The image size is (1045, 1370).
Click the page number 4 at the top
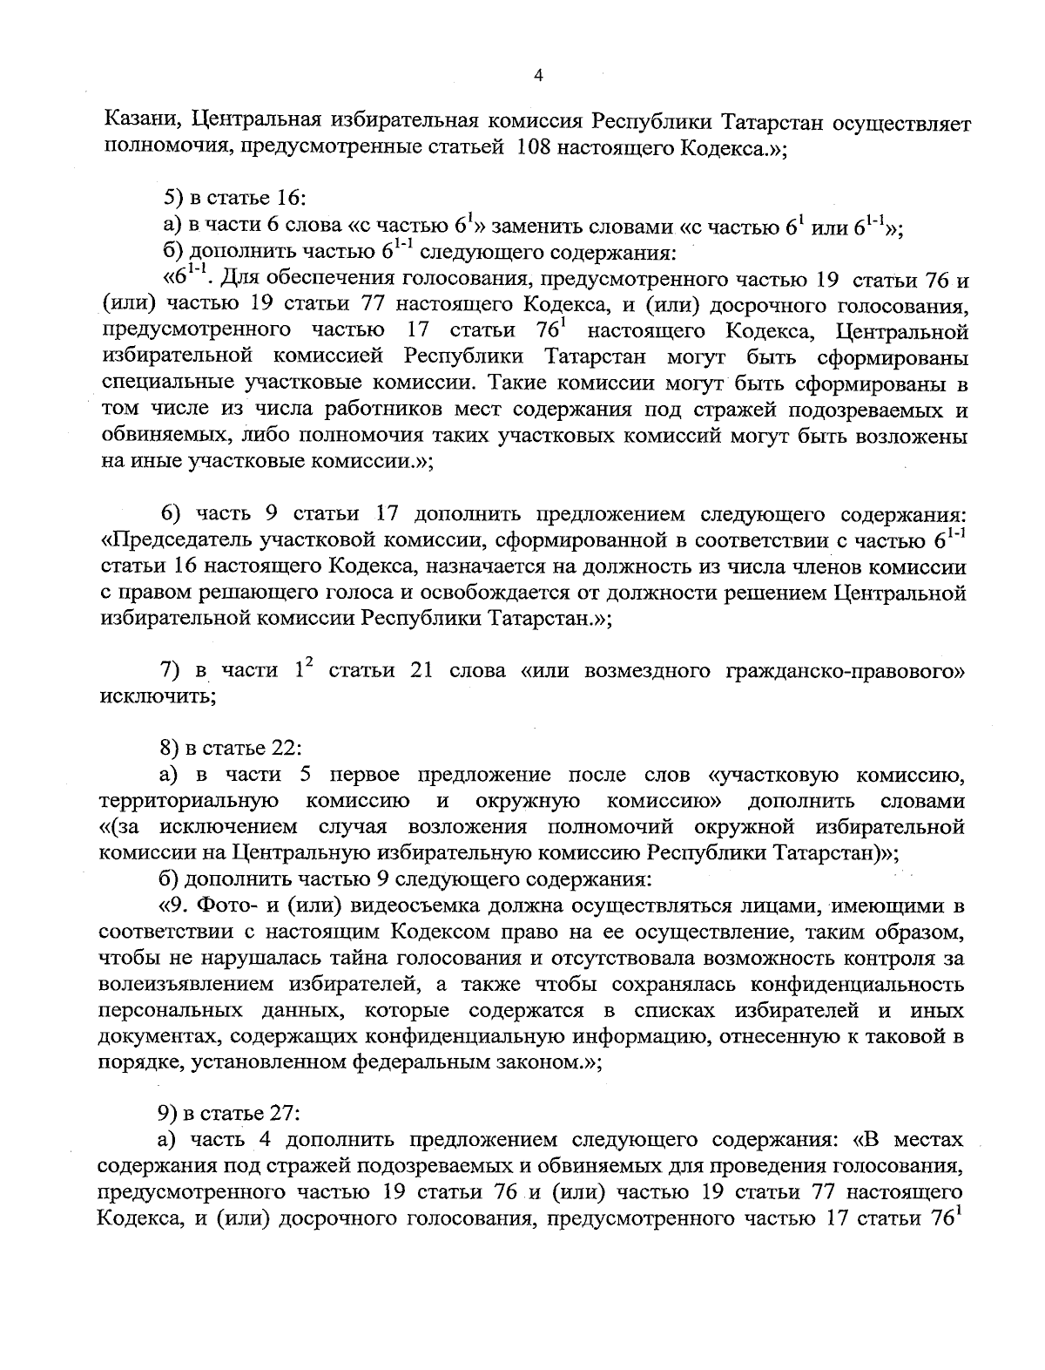point(537,77)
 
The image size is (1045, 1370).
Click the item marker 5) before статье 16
point(174,199)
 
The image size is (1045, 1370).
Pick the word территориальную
point(190,801)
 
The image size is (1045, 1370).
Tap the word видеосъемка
point(406,905)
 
